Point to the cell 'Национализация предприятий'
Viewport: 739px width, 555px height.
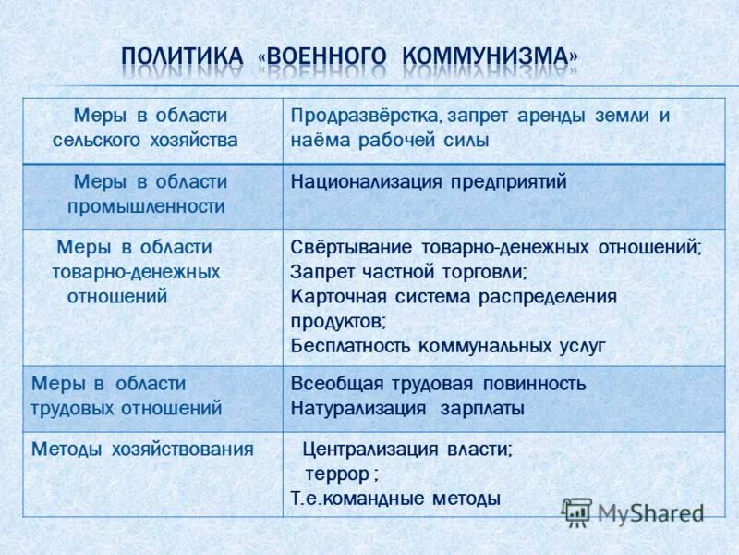(429, 182)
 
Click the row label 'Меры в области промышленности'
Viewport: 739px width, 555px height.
(150, 194)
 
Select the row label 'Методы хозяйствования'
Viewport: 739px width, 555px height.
(142, 450)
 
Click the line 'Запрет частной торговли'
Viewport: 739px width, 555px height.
(408, 273)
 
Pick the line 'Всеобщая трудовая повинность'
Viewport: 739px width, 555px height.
(438, 384)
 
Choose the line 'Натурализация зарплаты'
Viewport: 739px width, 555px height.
(407, 408)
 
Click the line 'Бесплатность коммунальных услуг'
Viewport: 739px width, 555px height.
(447, 346)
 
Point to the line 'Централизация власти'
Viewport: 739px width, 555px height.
(406, 450)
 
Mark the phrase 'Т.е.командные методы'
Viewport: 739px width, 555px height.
(395, 499)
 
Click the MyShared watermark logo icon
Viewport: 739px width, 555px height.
(577, 512)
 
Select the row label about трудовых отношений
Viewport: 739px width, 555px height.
(127, 395)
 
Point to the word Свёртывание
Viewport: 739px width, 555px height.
(352, 248)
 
